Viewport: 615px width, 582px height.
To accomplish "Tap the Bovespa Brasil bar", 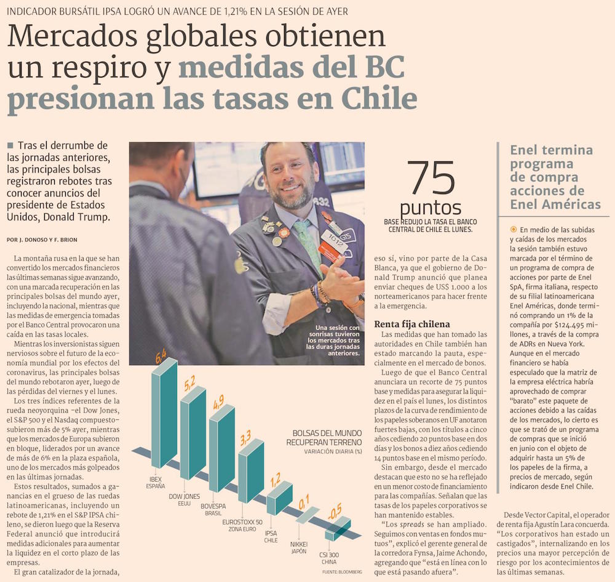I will [221, 456].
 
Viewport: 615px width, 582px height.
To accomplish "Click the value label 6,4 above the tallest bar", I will [162, 355].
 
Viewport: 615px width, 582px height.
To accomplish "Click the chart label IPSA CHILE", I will [271, 536].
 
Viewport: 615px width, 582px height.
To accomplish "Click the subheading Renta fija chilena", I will [412, 324].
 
